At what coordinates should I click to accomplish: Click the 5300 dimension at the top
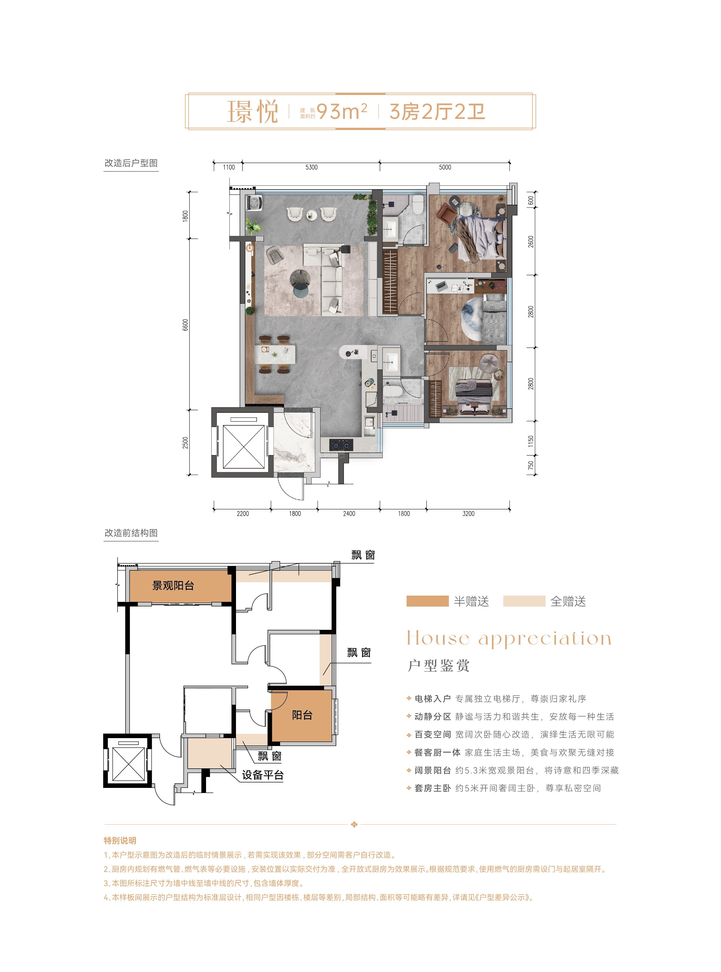[311, 167]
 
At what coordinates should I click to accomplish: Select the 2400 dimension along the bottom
[349, 514]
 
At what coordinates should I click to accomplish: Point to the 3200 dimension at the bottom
[468, 514]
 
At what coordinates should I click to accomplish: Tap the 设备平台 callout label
[263, 775]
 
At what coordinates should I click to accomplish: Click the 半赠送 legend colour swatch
[427, 601]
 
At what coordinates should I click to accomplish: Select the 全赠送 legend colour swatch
[524, 601]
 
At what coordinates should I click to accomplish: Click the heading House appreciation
[509, 638]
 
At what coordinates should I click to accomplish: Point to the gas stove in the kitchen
[341, 445]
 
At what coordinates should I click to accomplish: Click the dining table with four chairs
[275, 354]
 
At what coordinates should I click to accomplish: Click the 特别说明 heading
[120, 840]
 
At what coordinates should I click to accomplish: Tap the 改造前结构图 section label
[131, 533]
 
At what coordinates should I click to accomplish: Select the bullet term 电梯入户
[432, 699]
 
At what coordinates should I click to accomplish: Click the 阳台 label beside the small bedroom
[302, 715]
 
